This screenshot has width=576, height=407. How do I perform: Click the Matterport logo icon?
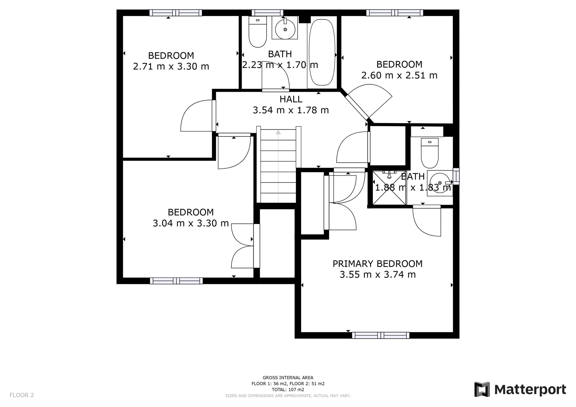482,389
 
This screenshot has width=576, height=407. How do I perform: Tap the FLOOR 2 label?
22,395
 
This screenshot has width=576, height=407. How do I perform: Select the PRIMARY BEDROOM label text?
377,264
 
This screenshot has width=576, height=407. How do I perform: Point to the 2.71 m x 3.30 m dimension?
171,66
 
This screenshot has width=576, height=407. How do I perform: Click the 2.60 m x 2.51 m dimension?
399,76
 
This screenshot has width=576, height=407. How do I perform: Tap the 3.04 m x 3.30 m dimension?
190,223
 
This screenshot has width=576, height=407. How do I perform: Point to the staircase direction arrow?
278,132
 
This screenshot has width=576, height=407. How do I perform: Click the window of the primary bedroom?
380,335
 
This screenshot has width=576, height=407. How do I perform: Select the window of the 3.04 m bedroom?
176,281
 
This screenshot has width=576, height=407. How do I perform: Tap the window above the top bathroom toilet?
267,13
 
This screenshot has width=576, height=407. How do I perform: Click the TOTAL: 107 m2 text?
288,389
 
